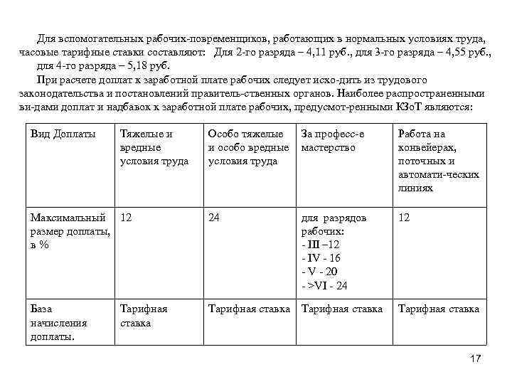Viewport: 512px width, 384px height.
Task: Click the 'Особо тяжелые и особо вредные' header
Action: click(248, 147)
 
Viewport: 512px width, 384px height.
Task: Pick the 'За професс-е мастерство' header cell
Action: click(332, 141)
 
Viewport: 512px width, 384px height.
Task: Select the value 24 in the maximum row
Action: click(214, 218)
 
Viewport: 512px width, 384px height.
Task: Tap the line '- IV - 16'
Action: click(321, 258)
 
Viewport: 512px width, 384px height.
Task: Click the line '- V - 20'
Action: click(320, 272)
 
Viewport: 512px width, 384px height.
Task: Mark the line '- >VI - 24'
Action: click(325, 286)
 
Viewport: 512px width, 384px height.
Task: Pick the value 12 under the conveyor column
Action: click(404, 218)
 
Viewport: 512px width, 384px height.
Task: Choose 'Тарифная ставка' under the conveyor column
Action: click(438, 309)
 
